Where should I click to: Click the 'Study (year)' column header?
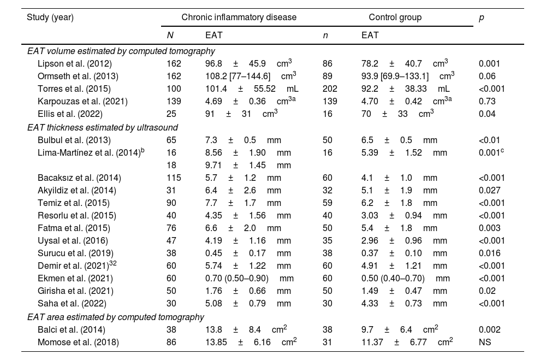(x=50, y=17)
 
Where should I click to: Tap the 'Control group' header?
(x=395, y=17)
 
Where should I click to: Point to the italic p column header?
(x=481, y=17)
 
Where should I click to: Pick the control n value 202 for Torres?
(x=330, y=88)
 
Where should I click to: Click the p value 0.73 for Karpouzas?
(x=486, y=101)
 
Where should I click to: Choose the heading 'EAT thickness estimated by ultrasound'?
(x=102, y=127)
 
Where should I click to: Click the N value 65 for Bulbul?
(x=171, y=140)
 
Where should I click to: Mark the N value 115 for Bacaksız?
(x=174, y=178)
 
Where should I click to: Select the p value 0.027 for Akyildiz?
(x=489, y=190)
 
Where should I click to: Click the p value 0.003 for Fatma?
(x=489, y=228)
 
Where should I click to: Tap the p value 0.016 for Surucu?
(x=489, y=253)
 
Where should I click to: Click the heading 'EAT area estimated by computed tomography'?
(x=115, y=316)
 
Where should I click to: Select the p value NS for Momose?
(x=484, y=341)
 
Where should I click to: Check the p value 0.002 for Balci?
(x=489, y=329)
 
